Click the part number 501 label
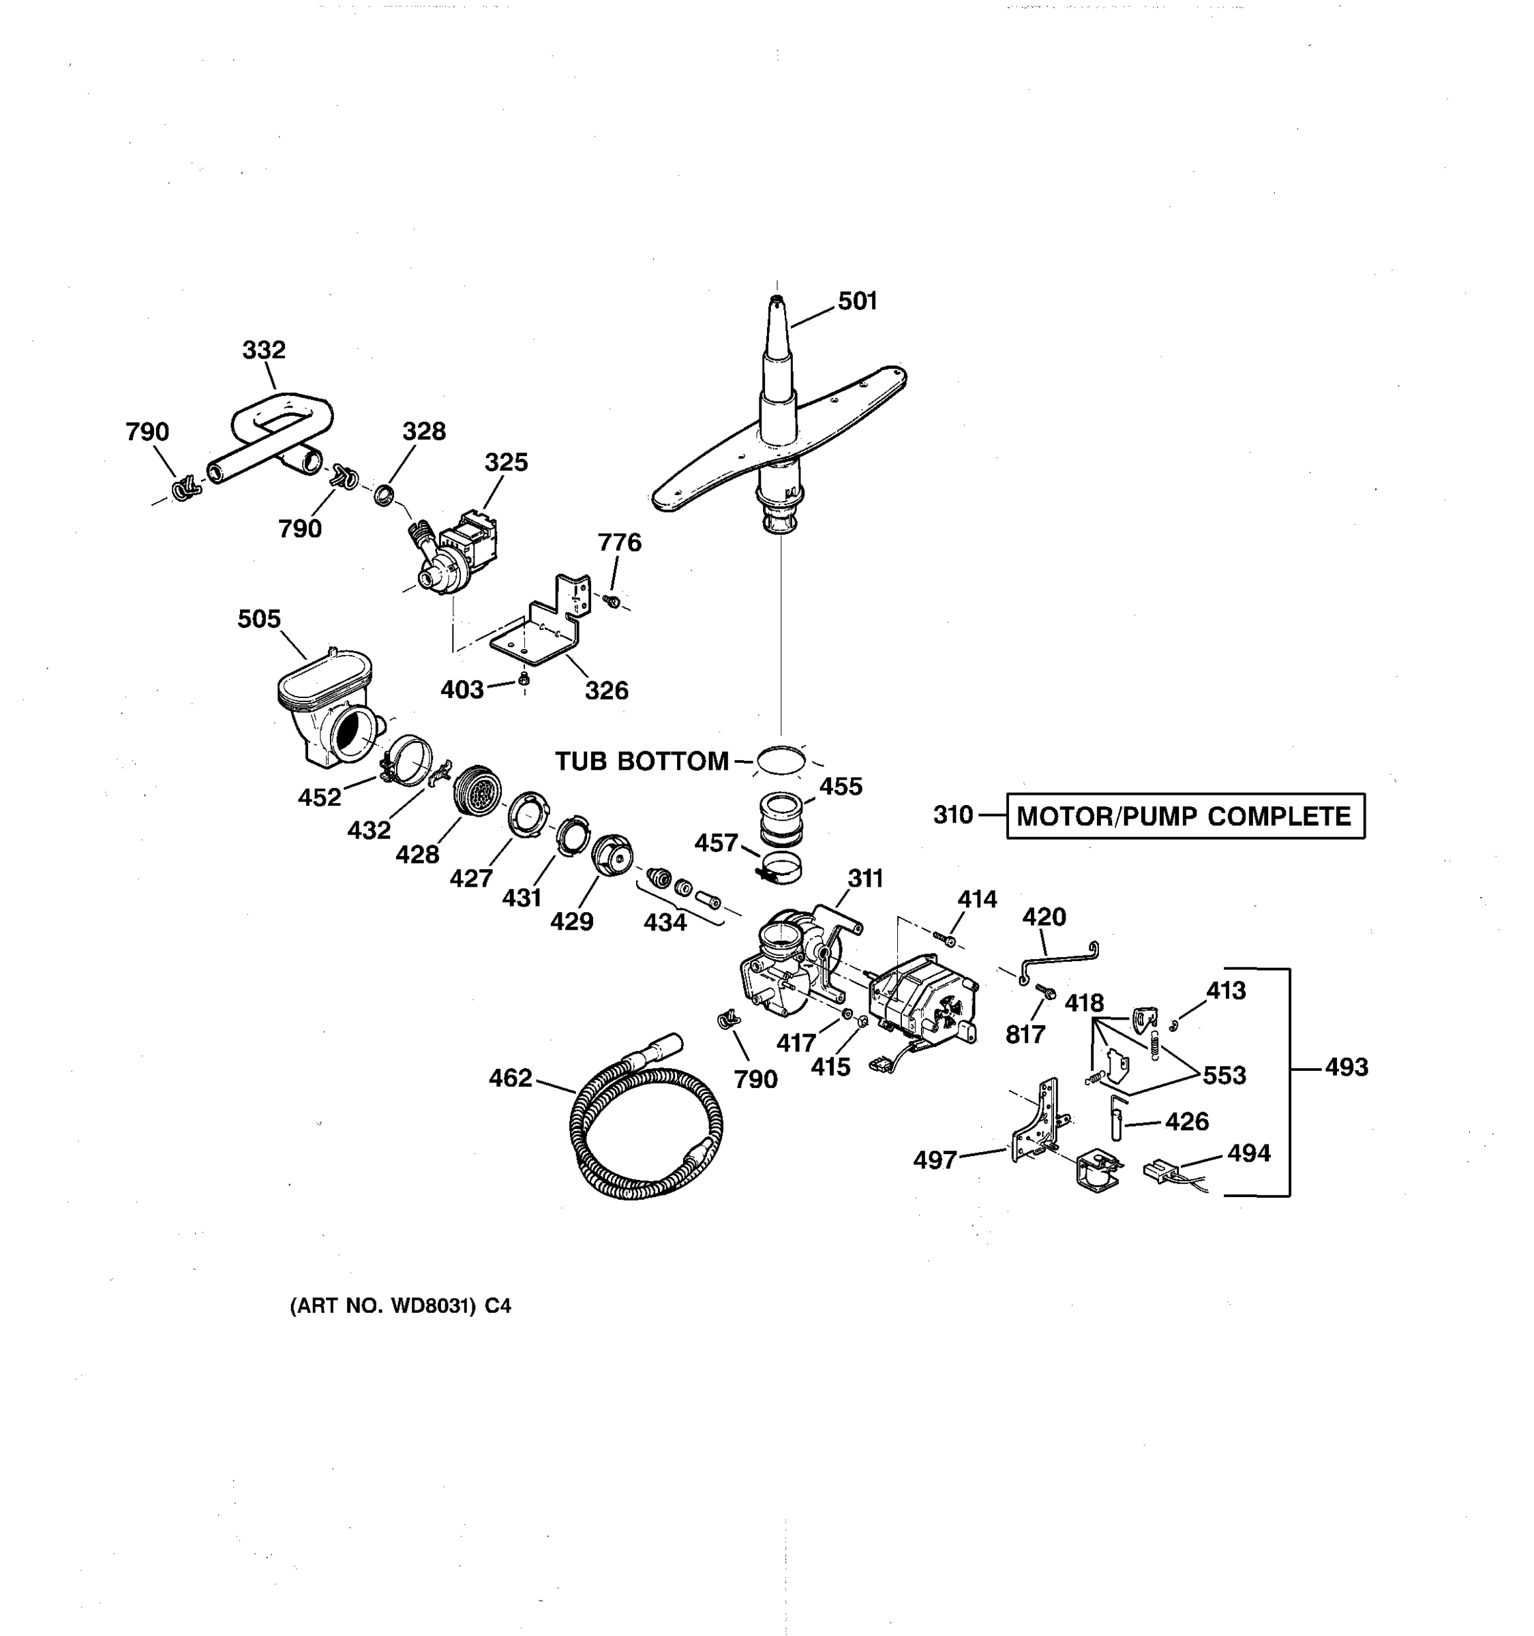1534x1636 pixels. (858, 301)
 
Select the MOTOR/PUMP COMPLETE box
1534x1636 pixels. (1184, 817)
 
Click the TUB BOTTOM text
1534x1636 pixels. (641, 762)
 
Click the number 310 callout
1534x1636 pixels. (953, 815)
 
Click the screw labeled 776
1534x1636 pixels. (612, 601)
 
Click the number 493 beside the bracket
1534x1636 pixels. (1347, 1067)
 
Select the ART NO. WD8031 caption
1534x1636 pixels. (400, 1306)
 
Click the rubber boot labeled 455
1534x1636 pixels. (780, 818)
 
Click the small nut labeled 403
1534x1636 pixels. (524, 679)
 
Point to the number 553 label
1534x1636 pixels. (1224, 1076)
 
